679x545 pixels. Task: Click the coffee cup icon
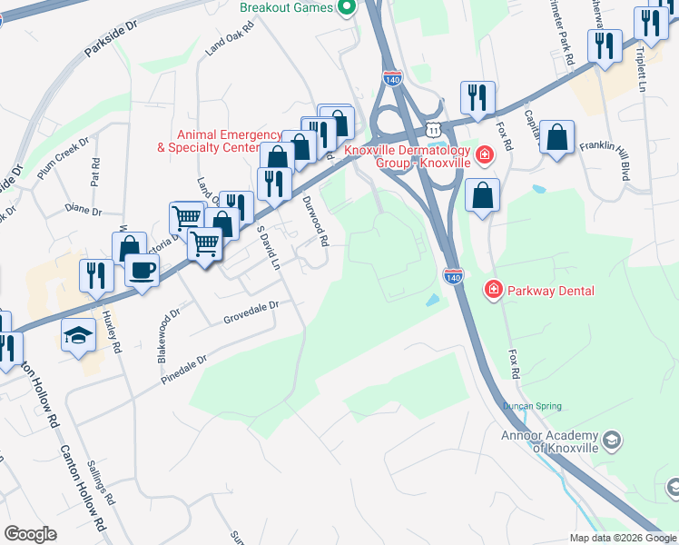pos(142,270)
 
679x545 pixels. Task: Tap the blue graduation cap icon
pos(79,335)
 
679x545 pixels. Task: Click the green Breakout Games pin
pos(346,8)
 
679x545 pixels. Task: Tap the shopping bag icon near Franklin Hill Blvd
pos(557,138)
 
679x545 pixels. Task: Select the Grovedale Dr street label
pos(250,314)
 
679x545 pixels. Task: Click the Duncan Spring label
pos(531,406)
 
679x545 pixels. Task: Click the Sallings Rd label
pos(101,482)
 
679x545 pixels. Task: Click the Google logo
pos(31,534)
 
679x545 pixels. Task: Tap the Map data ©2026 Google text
pos(622,538)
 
